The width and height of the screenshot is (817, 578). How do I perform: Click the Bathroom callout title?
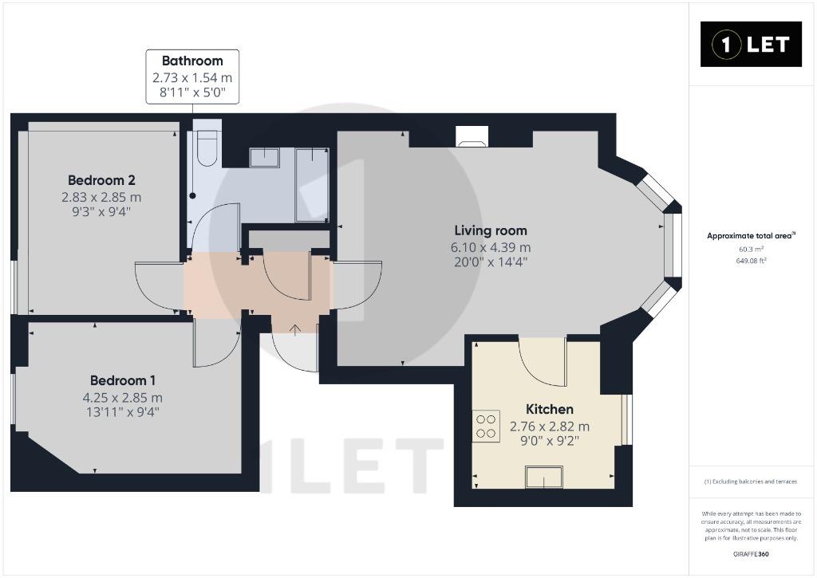[x=192, y=61]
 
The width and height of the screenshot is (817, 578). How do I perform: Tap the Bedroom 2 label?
[x=101, y=180]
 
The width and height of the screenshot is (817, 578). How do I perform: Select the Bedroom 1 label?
[x=122, y=380]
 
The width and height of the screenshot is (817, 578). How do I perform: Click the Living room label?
[x=491, y=230]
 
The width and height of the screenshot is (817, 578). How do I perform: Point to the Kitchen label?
[x=549, y=409]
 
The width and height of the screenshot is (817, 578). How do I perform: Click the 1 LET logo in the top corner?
[x=751, y=45]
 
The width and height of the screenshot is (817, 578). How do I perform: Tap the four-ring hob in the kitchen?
[x=486, y=427]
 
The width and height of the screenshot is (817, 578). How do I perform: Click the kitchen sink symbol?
[x=544, y=477]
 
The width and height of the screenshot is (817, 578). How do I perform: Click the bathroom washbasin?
[x=264, y=157]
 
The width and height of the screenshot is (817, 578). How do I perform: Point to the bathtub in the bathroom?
[x=312, y=185]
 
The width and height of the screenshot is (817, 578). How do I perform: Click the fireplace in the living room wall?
[x=472, y=136]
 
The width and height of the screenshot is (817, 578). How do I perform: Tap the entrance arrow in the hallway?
[x=295, y=330]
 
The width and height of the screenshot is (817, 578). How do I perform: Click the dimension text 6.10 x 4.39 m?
[x=491, y=247]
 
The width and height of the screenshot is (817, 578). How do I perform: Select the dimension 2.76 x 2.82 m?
[x=550, y=427]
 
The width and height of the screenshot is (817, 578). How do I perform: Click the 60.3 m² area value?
[x=752, y=250]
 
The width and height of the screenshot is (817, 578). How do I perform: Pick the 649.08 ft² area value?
[x=752, y=261]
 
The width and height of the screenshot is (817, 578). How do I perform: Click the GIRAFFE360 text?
[x=751, y=554]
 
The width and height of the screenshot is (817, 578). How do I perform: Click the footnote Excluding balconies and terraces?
[x=751, y=482]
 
